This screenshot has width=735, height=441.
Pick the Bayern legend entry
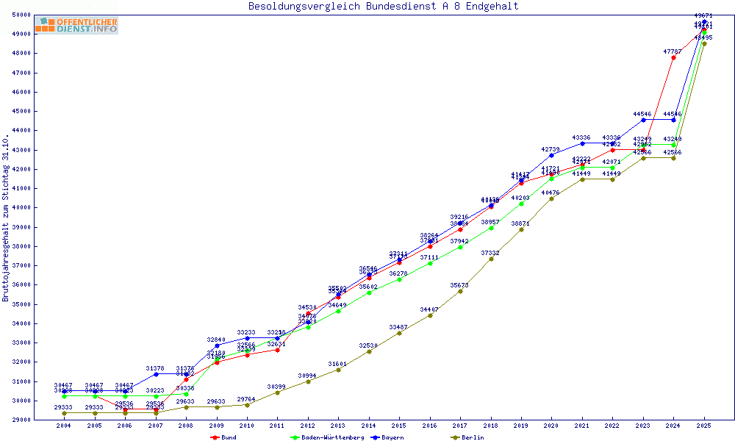387,437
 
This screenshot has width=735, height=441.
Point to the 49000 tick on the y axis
21,34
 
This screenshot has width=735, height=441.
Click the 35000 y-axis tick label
21,304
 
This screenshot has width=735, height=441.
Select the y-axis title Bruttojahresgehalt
7,218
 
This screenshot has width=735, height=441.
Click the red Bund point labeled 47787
673,57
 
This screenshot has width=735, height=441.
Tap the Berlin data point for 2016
430,315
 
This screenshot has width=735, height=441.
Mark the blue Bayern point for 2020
551,155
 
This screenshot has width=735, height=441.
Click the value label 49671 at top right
704,15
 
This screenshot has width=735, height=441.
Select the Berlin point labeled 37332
491,259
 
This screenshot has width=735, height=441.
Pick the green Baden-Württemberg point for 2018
491,228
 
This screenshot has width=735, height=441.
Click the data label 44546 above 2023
642,114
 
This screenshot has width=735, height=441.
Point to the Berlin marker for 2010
247,405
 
